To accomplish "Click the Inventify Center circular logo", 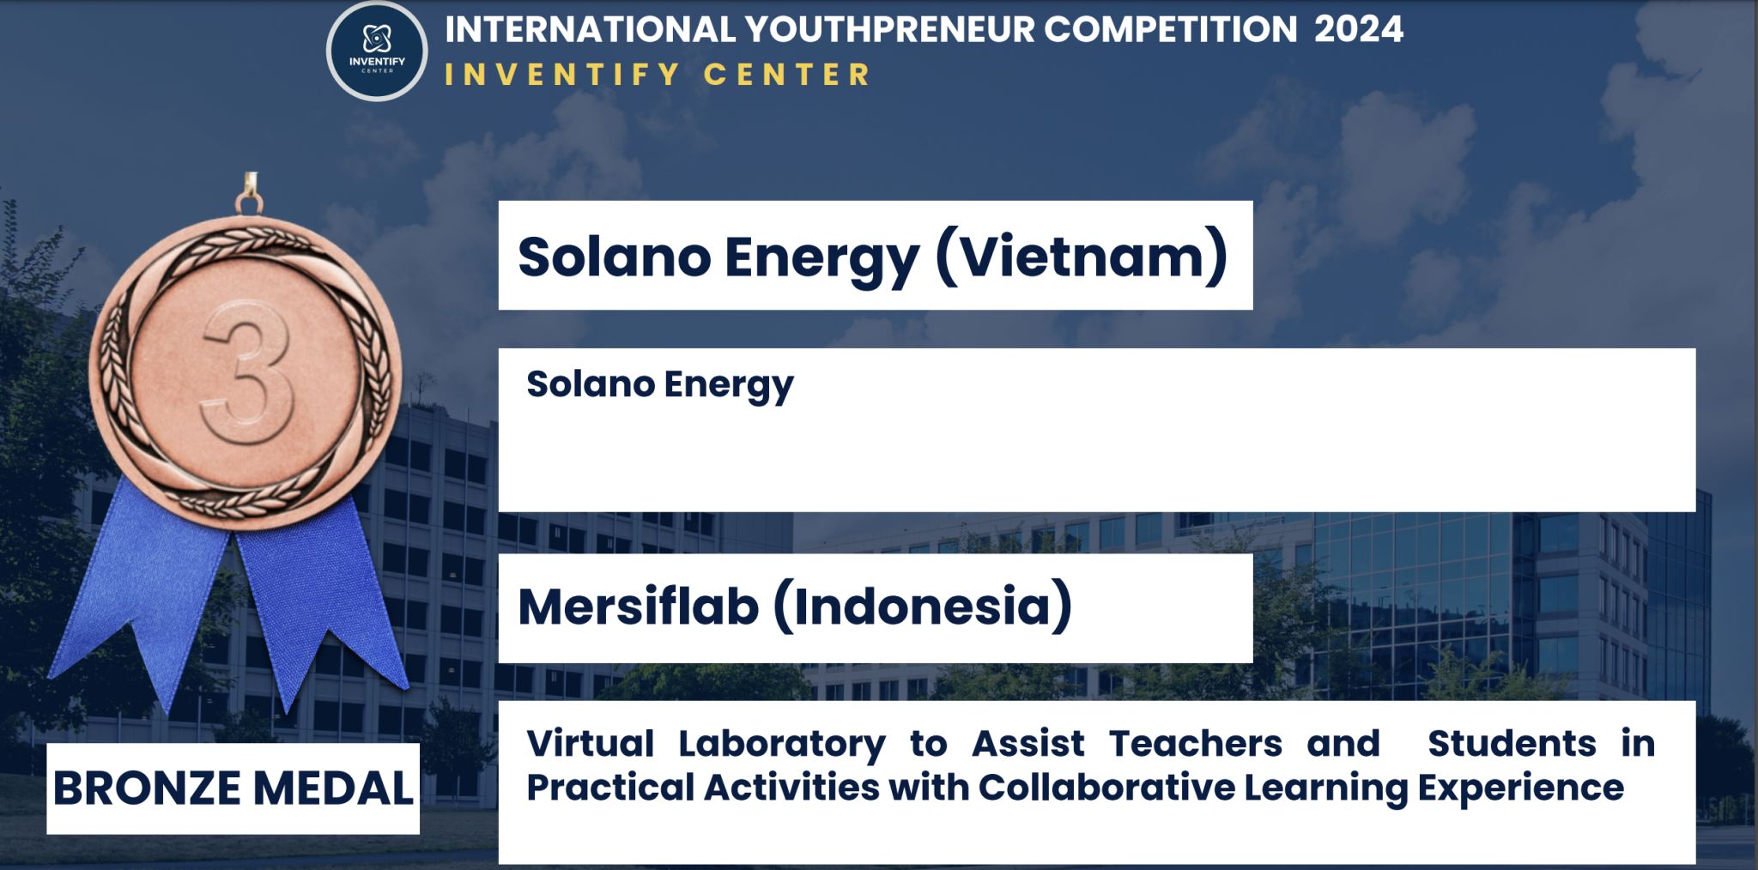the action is (x=377, y=51).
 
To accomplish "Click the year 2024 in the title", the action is (x=1359, y=30).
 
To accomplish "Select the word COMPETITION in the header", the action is (x=1171, y=30).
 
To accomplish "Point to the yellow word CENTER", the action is (x=787, y=75).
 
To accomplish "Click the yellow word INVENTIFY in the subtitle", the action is (x=562, y=75).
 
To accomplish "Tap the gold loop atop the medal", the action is (x=249, y=193).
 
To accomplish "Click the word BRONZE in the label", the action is (x=147, y=788).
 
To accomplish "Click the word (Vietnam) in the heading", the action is (x=1082, y=257).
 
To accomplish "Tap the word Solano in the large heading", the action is (x=615, y=257).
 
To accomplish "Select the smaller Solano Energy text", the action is (x=659, y=384).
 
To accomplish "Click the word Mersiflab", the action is (x=639, y=607).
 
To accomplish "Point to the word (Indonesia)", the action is (x=924, y=607).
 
